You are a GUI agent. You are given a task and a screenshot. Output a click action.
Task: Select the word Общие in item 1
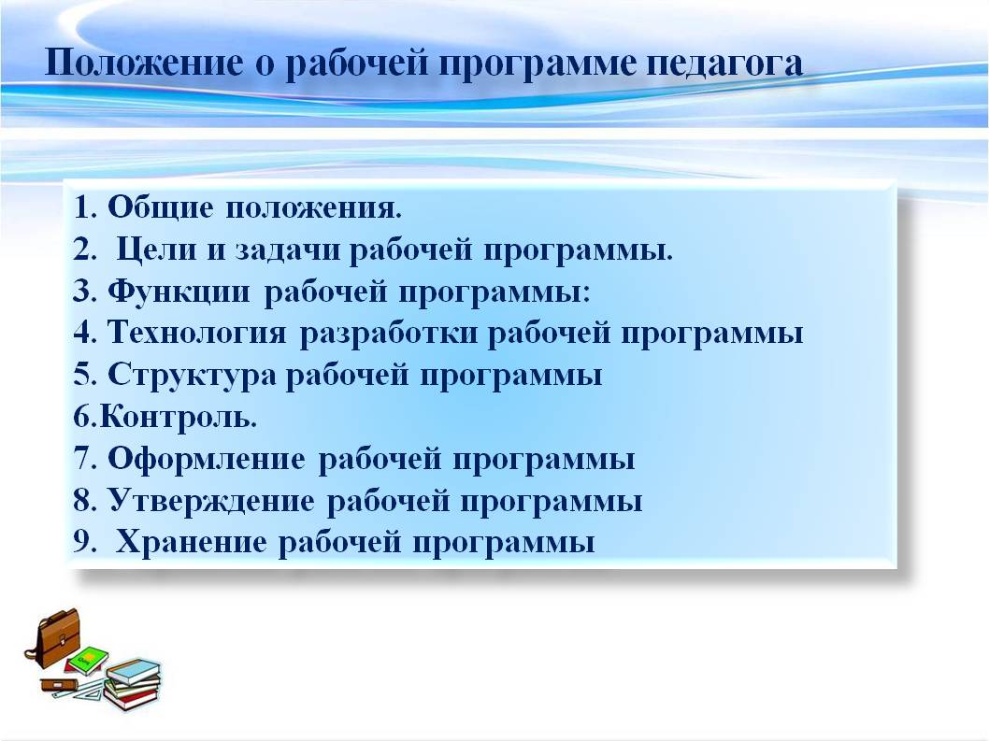[160, 207]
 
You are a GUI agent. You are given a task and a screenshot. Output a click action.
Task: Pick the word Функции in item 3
[179, 292]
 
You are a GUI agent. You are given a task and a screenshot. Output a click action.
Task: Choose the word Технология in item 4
[197, 333]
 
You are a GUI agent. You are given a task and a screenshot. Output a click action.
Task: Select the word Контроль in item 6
[176, 416]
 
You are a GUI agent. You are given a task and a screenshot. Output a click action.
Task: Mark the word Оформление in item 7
[207, 459]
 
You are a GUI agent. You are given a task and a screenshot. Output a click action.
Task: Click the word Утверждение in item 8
[210, 501]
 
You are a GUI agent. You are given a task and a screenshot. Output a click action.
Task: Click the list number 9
[81, 542]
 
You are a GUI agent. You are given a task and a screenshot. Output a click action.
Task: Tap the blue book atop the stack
[134, 670]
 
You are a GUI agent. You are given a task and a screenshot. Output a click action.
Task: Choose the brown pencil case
[61, 684]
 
